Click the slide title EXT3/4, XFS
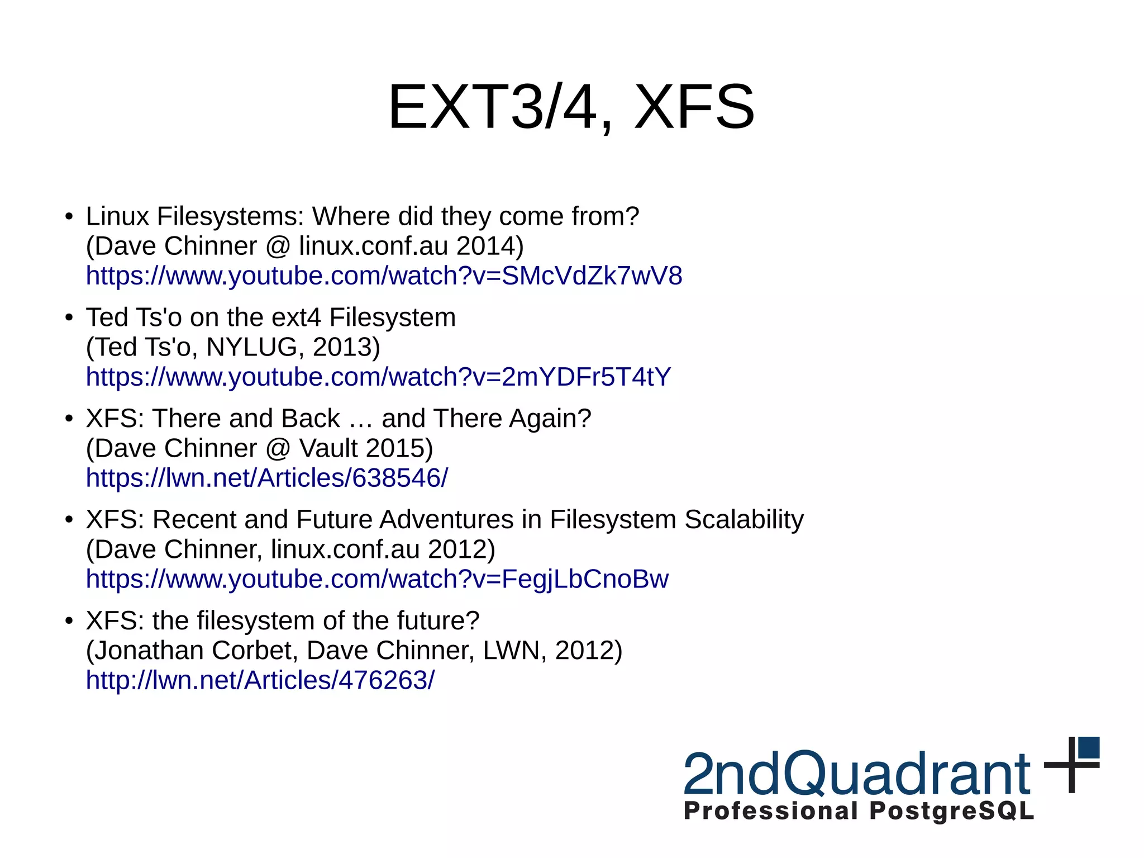(x=571, y=107)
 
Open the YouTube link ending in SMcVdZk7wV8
(x=384, y=276)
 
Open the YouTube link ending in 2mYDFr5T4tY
(x=378, y=377)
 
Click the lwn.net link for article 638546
(x=266, y=478)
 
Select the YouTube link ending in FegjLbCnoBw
(x=377, y=580)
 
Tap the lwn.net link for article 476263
(x=260, y=681)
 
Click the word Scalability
(x=743, y=520)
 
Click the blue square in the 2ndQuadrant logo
(x=1088, y=747)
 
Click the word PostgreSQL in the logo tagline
(x=951, y=811)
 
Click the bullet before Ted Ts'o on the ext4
(x=69, y=318)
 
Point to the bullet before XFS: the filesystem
(x=69, y=621)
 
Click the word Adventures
(x=446, y=520)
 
